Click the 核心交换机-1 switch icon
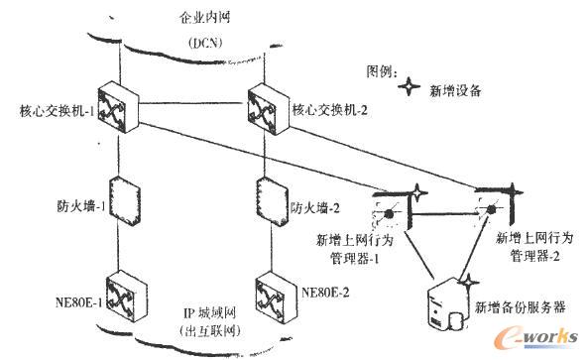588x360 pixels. coord(121,100)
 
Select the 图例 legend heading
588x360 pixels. coord(382,71)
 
